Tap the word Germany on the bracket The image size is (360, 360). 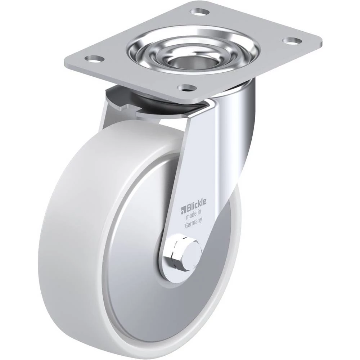(x=194, y=222)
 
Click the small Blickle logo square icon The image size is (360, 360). (x=183, y=208)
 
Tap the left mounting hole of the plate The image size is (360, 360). (x=94, y=58)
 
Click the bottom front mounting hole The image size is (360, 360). (x=188, y=87)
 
